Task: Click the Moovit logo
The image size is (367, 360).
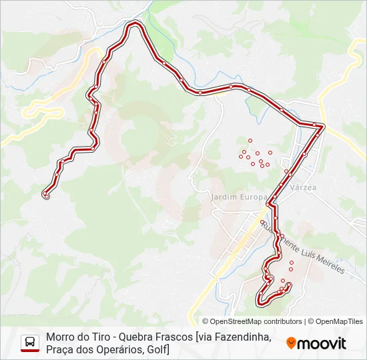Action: click(x=316, y=343)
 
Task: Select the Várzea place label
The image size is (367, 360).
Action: click(x=302, y=188)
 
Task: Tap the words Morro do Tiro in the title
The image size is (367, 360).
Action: click(x=76, y=337)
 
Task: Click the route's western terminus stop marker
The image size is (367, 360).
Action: click(x=46, y=195)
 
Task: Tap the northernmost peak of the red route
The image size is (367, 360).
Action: click(x=135, y=24)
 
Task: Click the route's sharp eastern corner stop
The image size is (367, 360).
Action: click(x=322, y=125)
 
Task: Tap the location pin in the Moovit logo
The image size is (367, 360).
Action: click(x=291, y=343)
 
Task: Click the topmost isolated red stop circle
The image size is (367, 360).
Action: click(x=250, y=141)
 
